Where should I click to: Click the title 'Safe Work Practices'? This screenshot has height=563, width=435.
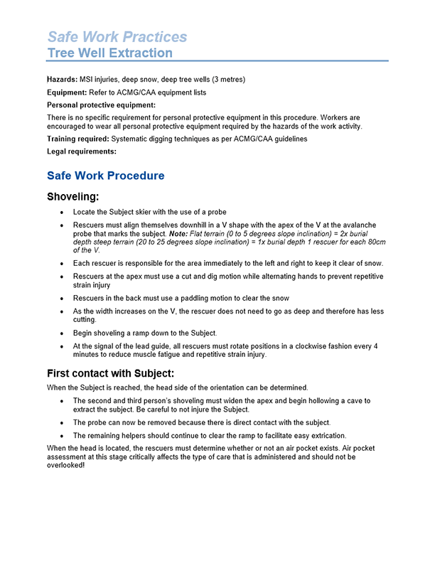pos(117,36)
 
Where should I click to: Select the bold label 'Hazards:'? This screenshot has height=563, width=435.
pos(62,80)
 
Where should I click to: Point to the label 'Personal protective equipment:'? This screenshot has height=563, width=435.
pos(101,105)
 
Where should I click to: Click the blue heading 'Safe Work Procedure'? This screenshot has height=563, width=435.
pos(105,176)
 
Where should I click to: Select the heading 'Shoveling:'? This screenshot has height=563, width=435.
pos(72,197)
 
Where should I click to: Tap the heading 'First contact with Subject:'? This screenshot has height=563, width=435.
pos(110,373)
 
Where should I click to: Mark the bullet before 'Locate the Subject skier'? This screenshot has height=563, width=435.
pos(63,213)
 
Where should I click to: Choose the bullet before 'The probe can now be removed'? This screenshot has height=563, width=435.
pos(63,422)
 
